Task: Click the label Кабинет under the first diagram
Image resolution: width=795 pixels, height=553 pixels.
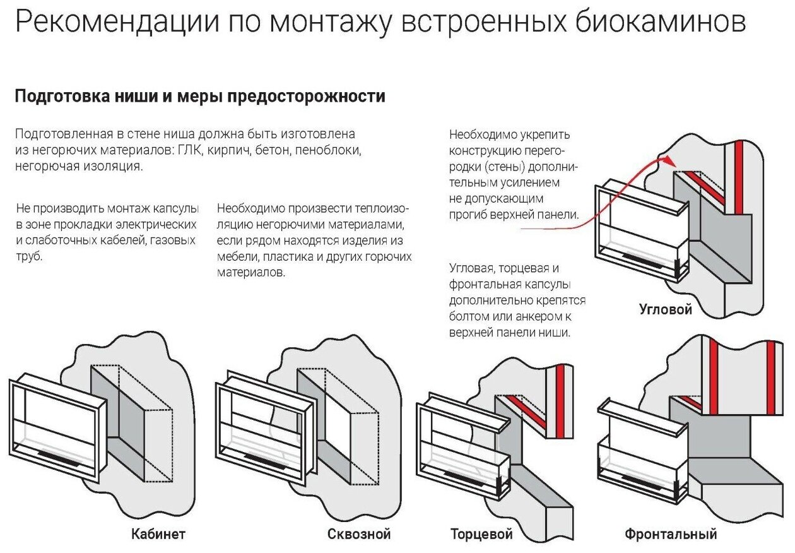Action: (x=158, y=534)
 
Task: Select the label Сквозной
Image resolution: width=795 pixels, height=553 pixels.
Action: (x=359, y=534)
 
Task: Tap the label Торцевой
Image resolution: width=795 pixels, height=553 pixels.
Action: (x=481, y=535)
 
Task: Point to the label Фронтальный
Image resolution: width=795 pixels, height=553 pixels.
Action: (x=671, y=535)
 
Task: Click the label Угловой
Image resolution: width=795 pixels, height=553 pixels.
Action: (x=666, y=309)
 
